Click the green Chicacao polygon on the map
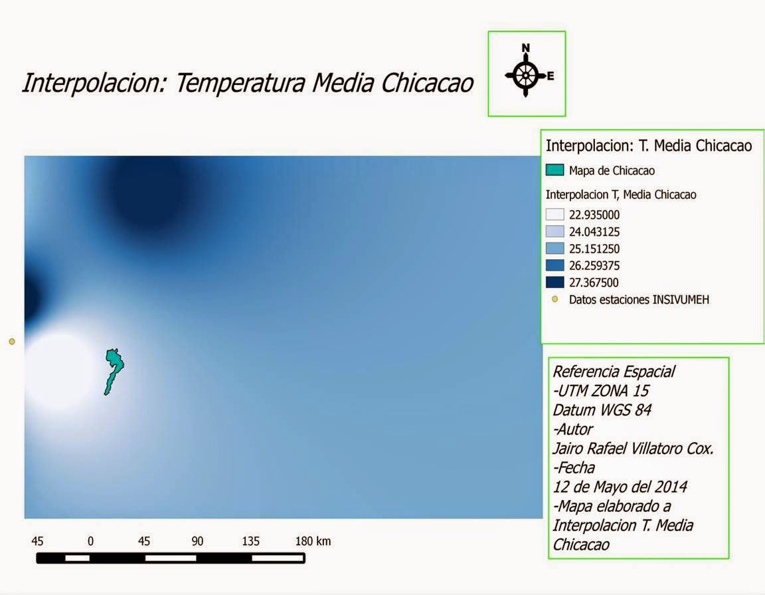click(x=114, y=369)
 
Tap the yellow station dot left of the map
click(x=11, y=342)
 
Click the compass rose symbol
click(x=525, y=75)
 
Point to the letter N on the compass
click(x=525, y=48)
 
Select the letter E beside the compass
click(x=551, y=76)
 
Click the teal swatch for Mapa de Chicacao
click(x=554, y=170)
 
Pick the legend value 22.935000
click(x=594, y=215)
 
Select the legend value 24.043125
click(x=594, y=232)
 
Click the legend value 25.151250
click(x=594, y=249)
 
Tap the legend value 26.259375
click(x=594, y=265)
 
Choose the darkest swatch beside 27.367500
click(x=554, y=283)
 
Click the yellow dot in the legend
click(x=554, y=300)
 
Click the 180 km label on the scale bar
click(x=313, y=541)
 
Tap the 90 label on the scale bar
click(x=197, y=541)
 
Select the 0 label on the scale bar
click(x=90, y=541)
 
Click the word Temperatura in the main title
click(x=240, y=83)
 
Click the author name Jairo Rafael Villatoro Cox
click(x=633, y=449)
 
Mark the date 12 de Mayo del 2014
click(x=620, y=487)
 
